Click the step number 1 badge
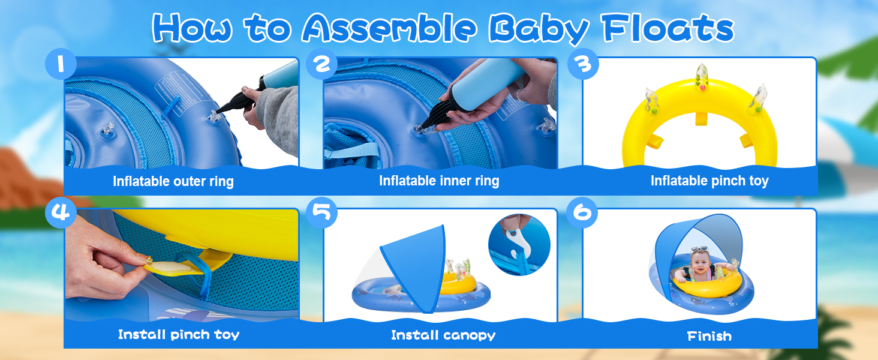pyautogui.click(x=61, y=65)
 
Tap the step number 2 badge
pyautogui.click(x=322, y=65)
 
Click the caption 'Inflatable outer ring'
pyautogui.click(x=173, y=181)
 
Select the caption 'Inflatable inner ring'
pyautogui.click(x=439, y=181)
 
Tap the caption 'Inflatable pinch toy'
pyautogui.click(x=709, y=181)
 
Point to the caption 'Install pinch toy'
pyautogui.click(x=179, y=335)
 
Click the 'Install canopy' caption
pyautogui.click(x=443, y=335)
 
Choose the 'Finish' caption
pyautogui.click(x=709, y=336)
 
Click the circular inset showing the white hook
pyautogui.click(x=519, y=245)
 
